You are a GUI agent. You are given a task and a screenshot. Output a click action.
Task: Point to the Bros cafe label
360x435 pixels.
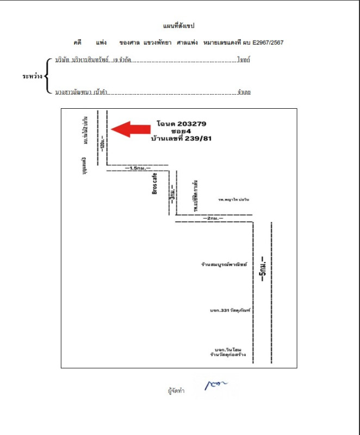[x=154, y=184]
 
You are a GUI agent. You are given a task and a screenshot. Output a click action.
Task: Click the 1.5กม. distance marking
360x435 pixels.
[x=137, y=169]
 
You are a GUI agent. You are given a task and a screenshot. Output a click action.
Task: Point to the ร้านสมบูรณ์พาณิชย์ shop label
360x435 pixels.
[x=224, y=265]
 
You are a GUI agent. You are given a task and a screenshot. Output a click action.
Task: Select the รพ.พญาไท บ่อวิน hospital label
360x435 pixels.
[x=232, y=200]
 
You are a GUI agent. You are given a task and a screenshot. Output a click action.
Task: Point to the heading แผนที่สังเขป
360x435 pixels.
[x=179, y=26]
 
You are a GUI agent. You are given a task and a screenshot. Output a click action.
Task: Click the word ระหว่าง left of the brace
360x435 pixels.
[x=32, y=76]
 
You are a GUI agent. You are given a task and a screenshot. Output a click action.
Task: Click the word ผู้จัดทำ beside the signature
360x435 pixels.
[x=177, y=390]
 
